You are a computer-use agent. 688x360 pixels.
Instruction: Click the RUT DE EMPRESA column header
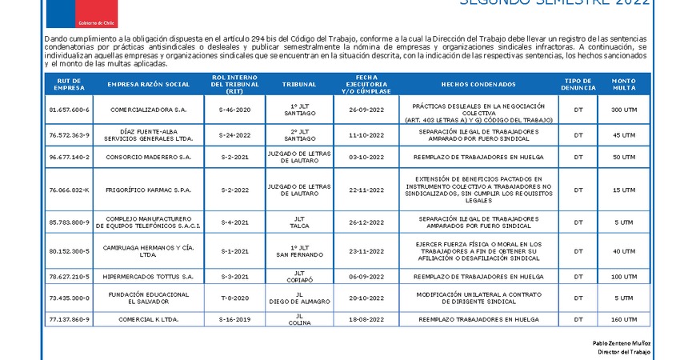pyautogui.click(x=70, y=84)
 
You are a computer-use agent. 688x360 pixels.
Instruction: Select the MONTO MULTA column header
pyautogui.click(x=623, y=84)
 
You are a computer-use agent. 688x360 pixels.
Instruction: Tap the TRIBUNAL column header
pyautogui.click(x=298, y=84)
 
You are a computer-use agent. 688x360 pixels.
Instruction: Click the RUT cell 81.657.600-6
pyautogui.click(x=70, y=110)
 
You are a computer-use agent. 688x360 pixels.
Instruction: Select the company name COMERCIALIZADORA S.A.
pyautogui.click(x=148, y=110)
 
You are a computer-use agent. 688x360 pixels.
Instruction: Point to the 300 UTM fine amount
pyautogui.click(x=623, y=110)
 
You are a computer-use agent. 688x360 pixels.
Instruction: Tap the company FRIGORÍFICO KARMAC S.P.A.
pyautogui.click(x=148, y=190)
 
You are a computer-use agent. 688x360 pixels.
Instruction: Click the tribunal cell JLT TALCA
pyautogui.click(x=298, y=222)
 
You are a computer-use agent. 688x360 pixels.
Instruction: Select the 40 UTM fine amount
pyautogui.click(x=623, y=250)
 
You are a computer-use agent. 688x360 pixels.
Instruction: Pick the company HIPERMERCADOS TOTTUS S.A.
pyautogui.click(x=148, y=276)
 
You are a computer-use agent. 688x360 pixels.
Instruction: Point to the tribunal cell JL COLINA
pyautogui.click(x=298, y=318)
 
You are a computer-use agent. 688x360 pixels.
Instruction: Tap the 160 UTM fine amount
pyautogui.click(x=623, y=318)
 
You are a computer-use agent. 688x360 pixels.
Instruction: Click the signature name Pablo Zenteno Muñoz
pyautogui.click(x=622, y=342)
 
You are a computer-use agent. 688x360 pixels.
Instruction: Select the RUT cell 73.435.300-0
pyautogui.click(x=70, y=298)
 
